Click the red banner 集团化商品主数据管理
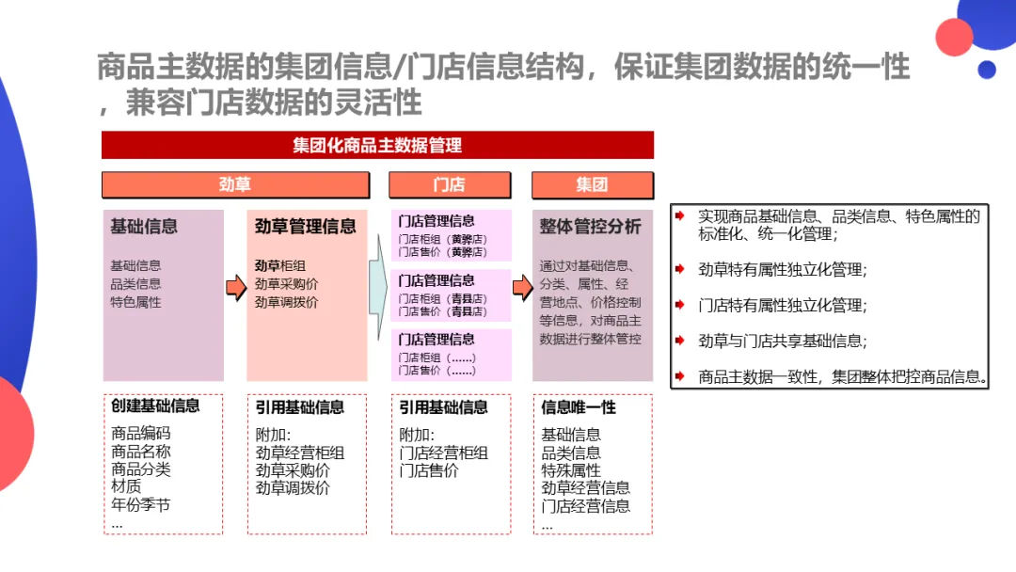click(x=377, y=145)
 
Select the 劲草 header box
click(x=234, y=184)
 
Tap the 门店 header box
click(x=449, y=184)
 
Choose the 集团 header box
click(x=592, y=184)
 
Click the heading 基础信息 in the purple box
click(x=144, y=226)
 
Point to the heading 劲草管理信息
click(x=306, y=226)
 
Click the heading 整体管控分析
click(x=591, y=226)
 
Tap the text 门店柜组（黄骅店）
click(x=443, y=239)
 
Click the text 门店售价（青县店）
click(x=443, y=311)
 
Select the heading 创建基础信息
click(x=155, y=406)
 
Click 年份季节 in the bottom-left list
click(x=140, y=505)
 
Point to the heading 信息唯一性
click(x=579, y=407)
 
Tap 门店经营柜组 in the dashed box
click(x=443, y=453)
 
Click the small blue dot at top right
click(x=986, y=69)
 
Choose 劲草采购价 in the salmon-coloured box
click(x=286, y=284)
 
